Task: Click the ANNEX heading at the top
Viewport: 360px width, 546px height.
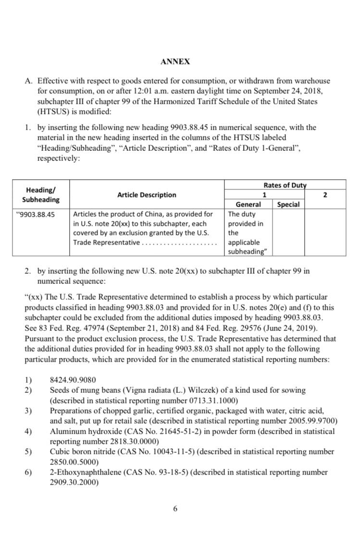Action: pyautogui.click(x=175, y=61)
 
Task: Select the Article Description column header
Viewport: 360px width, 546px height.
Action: pyautogui.click(x=147, y=194)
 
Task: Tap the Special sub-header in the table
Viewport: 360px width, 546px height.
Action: pyautogui.click(x=288, y=204)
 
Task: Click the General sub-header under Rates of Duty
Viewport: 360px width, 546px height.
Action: pyautogui.click(x=248, y=204)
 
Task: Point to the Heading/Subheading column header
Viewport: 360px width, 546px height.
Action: pyautogui.click(x=41, y=194)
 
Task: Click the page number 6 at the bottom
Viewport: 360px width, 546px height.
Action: pyautogui.click(x=175, y=508)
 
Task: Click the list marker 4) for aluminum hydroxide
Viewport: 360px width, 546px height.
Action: pyautogui.click(x=28, y=431)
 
